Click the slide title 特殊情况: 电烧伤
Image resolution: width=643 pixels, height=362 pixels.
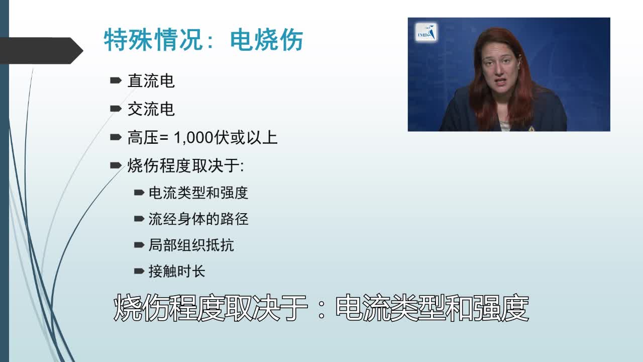click(203, 40)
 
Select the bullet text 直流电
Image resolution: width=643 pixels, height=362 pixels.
click(151, 81)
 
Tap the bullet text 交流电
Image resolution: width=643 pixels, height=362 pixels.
click(151, 109)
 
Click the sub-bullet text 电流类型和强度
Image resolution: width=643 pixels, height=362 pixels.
click(198, 193)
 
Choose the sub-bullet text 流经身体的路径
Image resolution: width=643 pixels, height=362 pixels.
click(198, 219)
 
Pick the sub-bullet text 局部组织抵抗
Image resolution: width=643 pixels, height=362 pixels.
click(191, 245)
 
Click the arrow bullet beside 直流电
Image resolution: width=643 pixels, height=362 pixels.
click(116, 80)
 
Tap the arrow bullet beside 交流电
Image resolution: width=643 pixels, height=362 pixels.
click(116, 109)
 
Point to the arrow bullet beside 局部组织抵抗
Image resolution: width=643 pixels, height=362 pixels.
click(139, 245)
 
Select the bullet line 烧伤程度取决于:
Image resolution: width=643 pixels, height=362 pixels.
click(185, 165)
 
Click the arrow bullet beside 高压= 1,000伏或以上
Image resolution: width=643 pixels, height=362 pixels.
click(116, 137)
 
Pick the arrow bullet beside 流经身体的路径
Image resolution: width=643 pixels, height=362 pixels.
click(139, 219)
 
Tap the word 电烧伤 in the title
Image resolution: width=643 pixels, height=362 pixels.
click(266, 40)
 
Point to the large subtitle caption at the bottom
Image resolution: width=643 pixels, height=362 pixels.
click(321, 308)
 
